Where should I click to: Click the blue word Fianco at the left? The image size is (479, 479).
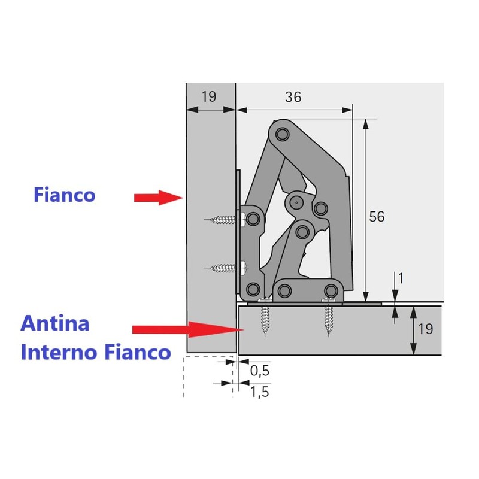[64, 195]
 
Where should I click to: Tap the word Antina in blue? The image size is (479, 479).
[55, 324]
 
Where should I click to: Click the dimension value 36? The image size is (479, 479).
[293, 97]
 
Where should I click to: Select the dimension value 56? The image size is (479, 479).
[376, 217]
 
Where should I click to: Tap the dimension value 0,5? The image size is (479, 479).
[260, 371]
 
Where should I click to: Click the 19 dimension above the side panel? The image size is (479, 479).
[208, 97]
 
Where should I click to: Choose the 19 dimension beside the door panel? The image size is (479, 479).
[426, 329]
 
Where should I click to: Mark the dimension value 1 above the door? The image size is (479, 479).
[401, 278]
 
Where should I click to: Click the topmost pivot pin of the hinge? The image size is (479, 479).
[281, 133]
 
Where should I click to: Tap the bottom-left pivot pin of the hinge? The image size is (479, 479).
[253, 288]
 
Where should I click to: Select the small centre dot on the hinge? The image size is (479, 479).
[296, 203]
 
